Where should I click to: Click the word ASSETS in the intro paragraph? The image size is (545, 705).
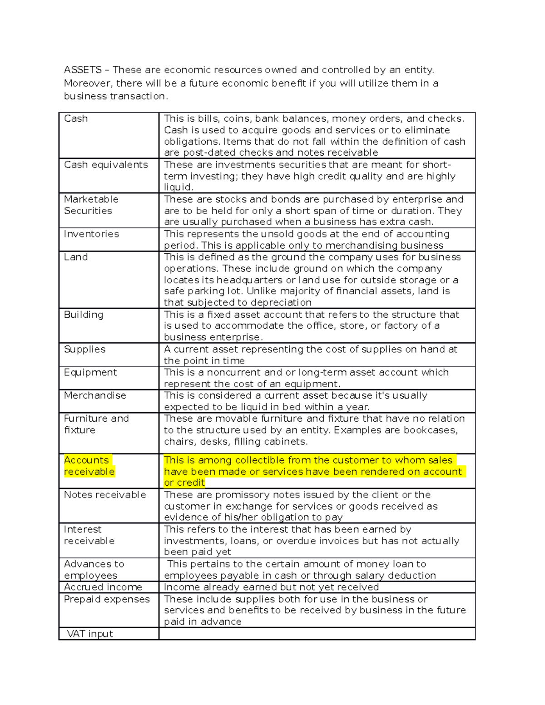[x=83, y=70]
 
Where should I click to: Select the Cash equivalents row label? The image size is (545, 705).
[x=106, y=165]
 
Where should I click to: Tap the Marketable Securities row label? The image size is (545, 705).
[x=91, y=205]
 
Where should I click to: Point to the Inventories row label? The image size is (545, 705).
[x=91, y=234]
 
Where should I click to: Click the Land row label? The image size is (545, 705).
[x=76, y=257]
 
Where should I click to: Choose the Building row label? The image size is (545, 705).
[x=84, y=315]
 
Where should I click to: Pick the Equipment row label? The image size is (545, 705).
[x=90, y=373]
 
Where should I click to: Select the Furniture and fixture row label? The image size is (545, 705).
[x=96, y=424]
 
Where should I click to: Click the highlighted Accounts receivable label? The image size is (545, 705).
[x=89, y=466]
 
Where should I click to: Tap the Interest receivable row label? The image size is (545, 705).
[x=89, y=535]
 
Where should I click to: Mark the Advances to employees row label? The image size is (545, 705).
[x=94, y=570]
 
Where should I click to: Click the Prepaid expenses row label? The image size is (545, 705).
[x=107, y=600]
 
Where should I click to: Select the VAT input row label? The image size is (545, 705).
[x=90, y=634]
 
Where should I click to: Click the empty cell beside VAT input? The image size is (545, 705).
[x=317, y=634]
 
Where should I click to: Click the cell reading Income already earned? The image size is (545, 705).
[x=271, y=587]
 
